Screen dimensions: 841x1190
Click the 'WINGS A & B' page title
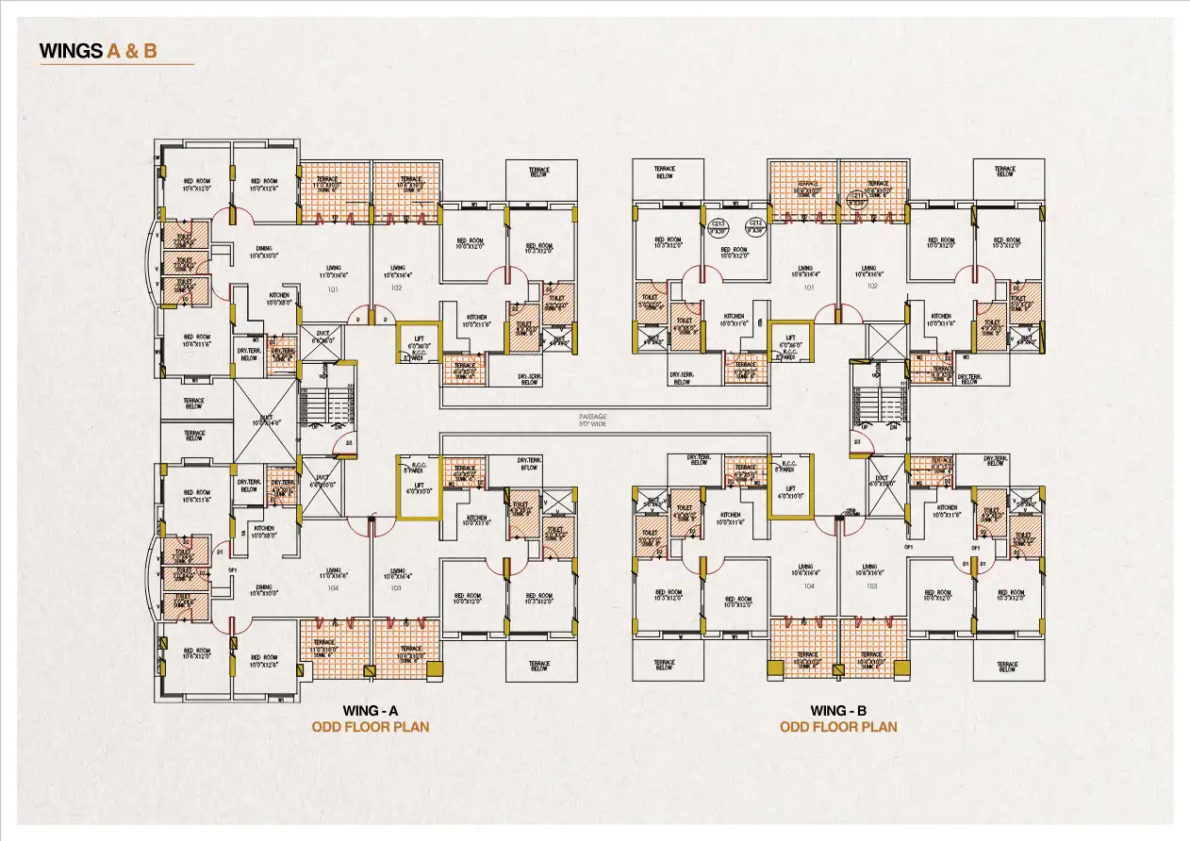pos(98,51)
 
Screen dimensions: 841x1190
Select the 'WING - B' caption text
pos(837,711)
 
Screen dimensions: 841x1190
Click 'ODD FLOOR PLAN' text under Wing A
pos(370,727)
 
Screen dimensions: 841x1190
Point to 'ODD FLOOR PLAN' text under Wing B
pos(837,727)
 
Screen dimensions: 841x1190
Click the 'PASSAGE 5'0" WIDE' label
pos(593,420)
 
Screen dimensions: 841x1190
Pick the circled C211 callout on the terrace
pos(856,199)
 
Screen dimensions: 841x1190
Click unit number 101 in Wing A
pos(333,289)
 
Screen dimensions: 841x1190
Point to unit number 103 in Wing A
pos(396,587)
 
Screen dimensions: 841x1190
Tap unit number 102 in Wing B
pos(871,286)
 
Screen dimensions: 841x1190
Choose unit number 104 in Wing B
pos(808,585)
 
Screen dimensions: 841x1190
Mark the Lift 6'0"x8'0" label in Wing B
pos(791,341)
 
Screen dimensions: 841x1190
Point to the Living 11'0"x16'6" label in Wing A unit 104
pos(333,572)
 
